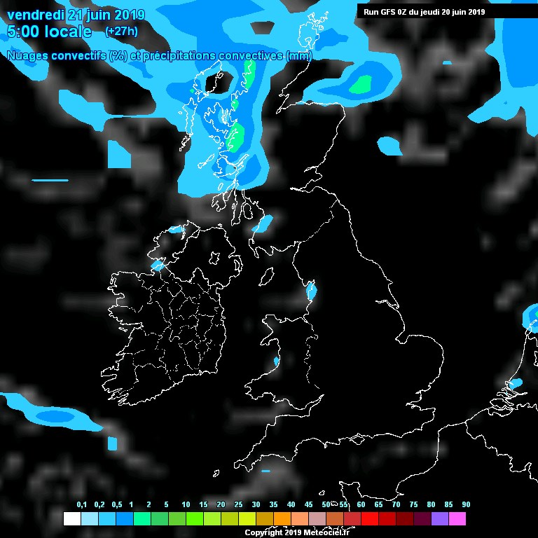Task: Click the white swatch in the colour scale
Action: [72, 519]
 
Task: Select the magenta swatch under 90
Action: [457, 519]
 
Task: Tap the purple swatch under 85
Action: [440, 519]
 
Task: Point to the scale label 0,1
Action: [81, 505]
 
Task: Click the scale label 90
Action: [466, 505]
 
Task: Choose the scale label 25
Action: [238, 505]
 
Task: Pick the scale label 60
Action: [361, 505]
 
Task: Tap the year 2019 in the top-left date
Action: [127, 15]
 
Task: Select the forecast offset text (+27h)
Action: [121, 32]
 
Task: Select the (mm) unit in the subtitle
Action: [298, 55]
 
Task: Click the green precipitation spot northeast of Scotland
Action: [361, 85]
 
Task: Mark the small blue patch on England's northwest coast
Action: [311, 291]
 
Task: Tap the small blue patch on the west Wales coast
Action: [276, 361]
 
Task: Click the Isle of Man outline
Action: [267, 277]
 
